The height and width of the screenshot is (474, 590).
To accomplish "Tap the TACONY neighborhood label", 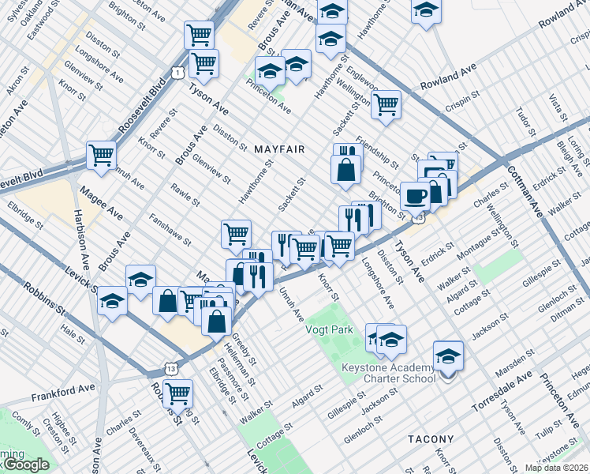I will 430,438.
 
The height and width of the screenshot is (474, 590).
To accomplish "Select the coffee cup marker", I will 415,195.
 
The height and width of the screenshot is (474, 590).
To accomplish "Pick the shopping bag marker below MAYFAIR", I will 345,169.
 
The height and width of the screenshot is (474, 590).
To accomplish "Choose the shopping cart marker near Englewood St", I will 386,103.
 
